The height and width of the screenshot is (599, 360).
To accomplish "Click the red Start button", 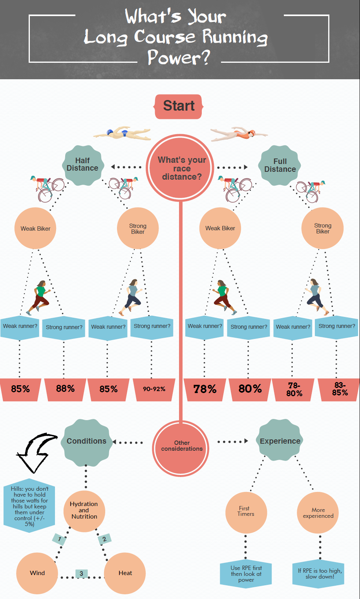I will pos(179,106).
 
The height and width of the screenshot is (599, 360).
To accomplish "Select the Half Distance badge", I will pos(83,165).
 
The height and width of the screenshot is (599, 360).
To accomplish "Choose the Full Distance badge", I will pos(280,165).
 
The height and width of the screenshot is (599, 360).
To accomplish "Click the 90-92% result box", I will pos(154,389).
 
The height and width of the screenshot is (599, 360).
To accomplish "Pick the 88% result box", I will pos(65,389).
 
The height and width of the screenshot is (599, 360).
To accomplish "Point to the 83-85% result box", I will pos(340,389).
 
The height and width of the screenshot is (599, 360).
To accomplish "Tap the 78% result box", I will pos(205,389).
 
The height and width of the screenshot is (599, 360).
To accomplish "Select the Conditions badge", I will pos(86,441).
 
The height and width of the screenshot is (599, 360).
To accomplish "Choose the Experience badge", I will pos(280,441).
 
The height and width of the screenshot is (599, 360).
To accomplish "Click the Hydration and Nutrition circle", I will pos(84,510).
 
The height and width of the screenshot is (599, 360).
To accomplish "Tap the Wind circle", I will pos(37,573).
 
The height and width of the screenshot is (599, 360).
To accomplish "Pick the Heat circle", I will pos(125,573).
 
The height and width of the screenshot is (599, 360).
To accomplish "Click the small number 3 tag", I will pos(81,574).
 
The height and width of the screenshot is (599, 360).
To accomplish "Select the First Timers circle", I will pos(246,512).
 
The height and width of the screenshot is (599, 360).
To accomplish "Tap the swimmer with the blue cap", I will pos(122,133).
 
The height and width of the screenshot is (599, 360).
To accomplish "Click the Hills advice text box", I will pos(29,506).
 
